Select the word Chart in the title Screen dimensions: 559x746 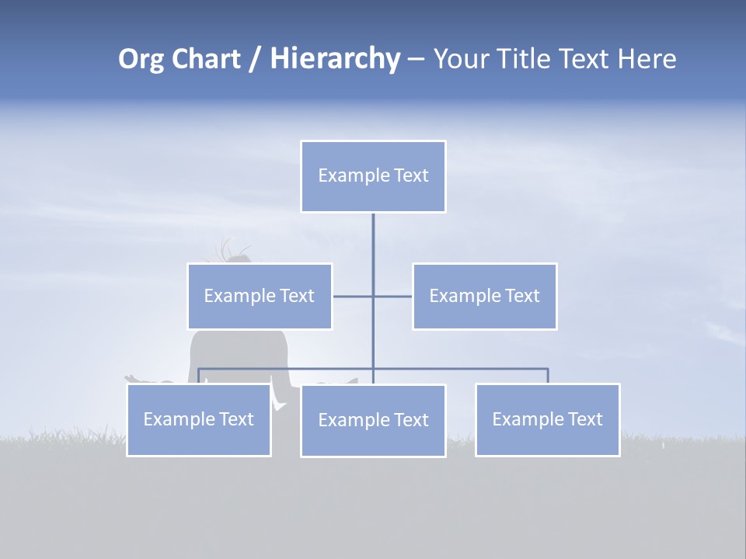[x=204, y=59]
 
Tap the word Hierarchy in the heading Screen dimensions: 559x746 [x=334, y=59]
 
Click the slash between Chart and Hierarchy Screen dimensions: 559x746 [x=255, y=60]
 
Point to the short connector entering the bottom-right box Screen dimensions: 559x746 [x=548, y=376]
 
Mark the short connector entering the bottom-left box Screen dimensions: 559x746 [x=199, y=376]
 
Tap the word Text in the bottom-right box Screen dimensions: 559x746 [x=584, y=419]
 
